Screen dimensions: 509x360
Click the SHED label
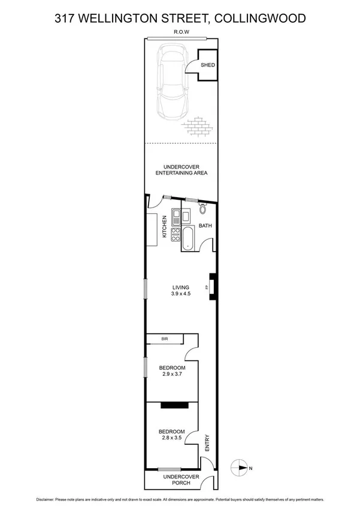[207, 65]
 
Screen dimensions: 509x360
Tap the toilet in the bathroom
[202, 209]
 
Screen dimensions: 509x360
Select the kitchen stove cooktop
[176, 234]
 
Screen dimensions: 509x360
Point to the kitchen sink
[176, 216]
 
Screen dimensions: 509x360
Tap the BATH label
[205, 226]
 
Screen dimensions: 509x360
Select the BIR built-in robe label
[165, 340]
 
